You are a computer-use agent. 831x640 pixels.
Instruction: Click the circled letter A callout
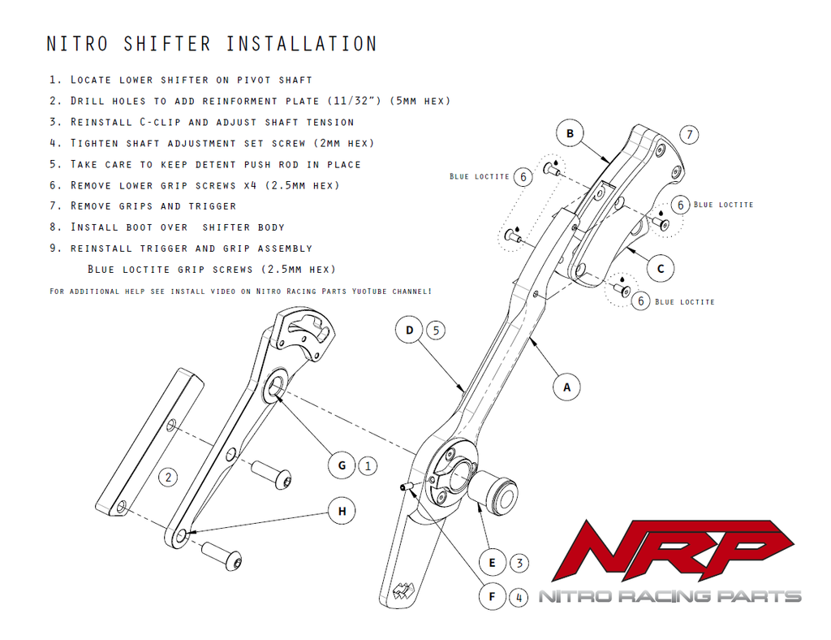point(566,387)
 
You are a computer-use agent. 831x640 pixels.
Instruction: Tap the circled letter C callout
point(661,269)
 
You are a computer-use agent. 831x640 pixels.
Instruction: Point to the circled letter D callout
point(410,331)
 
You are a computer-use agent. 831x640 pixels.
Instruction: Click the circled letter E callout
point(492,562)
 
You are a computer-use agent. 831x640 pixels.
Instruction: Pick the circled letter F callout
point(492,598)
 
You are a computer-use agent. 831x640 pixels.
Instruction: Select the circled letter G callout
point(342,465)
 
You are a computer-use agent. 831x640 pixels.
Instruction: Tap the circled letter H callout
point(342,511)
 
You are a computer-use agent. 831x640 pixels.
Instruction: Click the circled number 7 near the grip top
point(688,134)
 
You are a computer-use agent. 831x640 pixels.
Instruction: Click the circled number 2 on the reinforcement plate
point(167,477)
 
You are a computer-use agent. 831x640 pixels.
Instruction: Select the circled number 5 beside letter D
point(436,331)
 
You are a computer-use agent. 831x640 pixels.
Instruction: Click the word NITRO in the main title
point(79,44)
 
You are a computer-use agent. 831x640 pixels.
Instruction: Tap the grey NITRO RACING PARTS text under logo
point(670,597)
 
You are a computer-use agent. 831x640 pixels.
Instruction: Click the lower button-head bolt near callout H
point(222,556)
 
